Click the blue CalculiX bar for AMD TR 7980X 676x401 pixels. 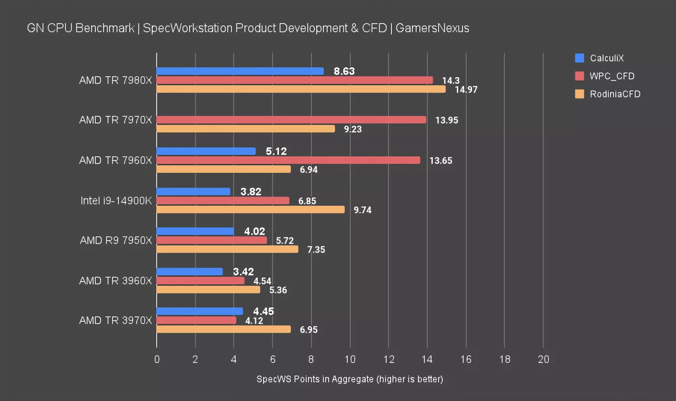click(240, 71)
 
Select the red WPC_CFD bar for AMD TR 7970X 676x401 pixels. click(291, 120)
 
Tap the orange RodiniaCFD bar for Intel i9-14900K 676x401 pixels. click(250, 209)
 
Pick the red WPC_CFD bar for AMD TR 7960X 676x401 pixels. click(288, 160)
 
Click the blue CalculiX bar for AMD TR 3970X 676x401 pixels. click(200, 311)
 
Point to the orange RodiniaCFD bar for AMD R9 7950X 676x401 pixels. click(227, 249)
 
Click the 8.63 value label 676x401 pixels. click(344, 71)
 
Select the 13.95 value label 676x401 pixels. click(447, 120)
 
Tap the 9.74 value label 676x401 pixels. click(362, 210)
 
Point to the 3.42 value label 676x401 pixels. click(243, 272)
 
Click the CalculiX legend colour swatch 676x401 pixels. click(579, 58)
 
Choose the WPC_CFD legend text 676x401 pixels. click(612, 76)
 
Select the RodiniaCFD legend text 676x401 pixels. click(615, 94)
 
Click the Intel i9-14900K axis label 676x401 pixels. click(116, 200)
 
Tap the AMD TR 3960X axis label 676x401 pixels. click(115, 281)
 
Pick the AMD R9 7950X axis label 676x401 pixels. click(116, 241)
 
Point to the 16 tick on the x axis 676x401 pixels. click(466, 360)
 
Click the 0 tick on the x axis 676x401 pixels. click(157, 360)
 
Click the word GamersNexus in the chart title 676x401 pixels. click(432, 28)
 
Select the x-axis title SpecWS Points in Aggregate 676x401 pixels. click(350, 379)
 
